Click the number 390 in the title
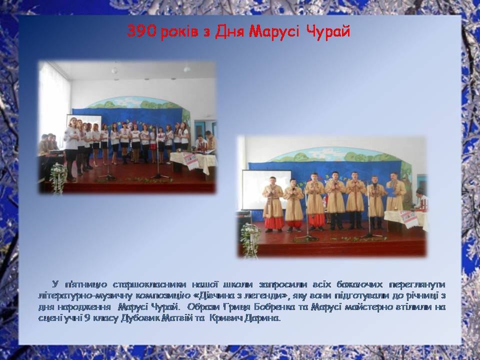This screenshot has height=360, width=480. tap(142, 31)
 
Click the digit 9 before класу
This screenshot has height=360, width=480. tap(87, 318)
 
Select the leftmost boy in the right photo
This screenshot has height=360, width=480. tap(272, 204)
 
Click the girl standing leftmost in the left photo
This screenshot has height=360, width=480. tap(71, 149)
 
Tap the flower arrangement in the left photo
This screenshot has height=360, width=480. tap(58, 177)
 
